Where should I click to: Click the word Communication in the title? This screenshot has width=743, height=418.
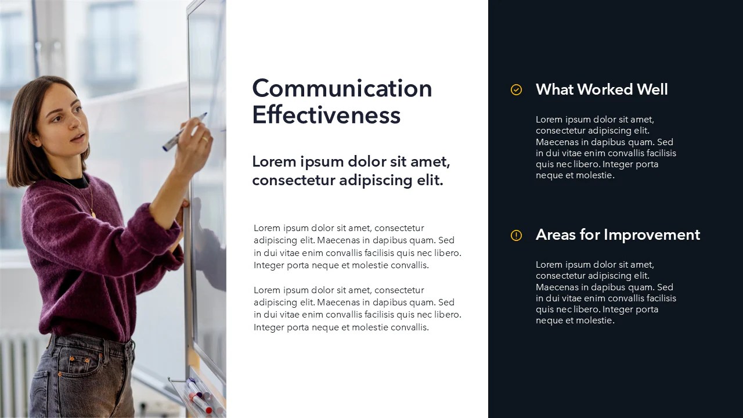(x=342, y=89)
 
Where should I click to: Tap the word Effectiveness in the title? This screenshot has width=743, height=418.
(x=326, y=115)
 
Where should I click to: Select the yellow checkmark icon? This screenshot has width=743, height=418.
(x=516, y=89)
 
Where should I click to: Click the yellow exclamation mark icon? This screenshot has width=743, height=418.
(x=516, y=235)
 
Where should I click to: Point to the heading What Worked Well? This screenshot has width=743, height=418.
(x=601, y=89)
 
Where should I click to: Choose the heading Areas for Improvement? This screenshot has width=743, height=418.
(x=618, y=235)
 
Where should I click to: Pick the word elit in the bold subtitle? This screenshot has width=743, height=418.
(x=430, y=181)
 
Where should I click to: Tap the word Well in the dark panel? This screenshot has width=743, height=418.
(x=652, y=89)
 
